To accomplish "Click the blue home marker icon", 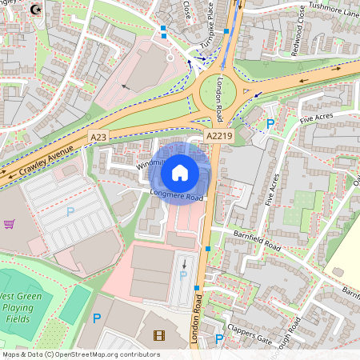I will tap(180, 172).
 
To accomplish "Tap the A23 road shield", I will tap(98, 138).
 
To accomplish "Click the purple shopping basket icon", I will tap(10, 225).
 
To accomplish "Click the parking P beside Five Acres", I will tap(270, 124).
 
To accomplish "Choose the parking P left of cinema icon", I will tap(97, 318).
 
